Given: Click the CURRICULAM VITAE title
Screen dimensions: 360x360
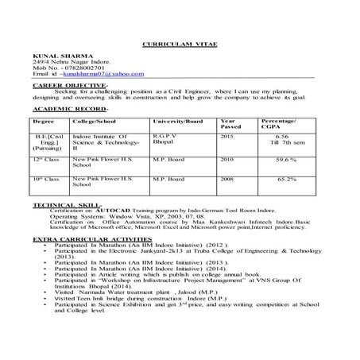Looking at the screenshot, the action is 179,46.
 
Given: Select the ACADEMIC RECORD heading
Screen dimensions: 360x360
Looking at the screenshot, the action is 66,106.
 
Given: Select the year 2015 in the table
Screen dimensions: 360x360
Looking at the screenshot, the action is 229,137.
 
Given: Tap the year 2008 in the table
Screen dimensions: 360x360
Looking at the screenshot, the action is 229,180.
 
